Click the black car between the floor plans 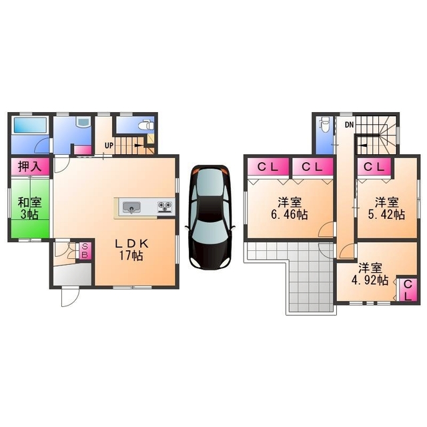[x=209, y=218]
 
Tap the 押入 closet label [x=30, y=166]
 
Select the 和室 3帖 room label [x=29, y=209]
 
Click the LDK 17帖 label [x=131, y=250]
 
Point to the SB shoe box [x=85, y=251]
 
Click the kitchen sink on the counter [x=131, y=207]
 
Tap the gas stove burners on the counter [x=165, y=207]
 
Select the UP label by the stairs [x=109, y=145]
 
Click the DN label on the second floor [x=349, y=125]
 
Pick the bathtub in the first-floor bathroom [x=30, y=125]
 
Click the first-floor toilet [x=146, y=125]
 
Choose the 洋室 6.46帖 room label [x=290, y=209]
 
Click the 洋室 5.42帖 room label [x=386, y=209]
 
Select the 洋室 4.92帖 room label [x=370, y=274]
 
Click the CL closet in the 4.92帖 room [x=408, y=290]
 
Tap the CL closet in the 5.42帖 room [x=374, y=167]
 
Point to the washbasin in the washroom [x=83, y=122]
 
